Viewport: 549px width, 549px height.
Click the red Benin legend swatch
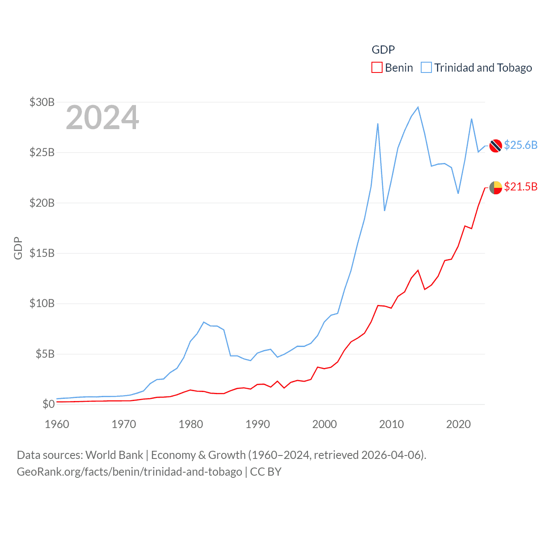coord(377,68)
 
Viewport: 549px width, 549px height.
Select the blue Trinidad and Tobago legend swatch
coord(426,68)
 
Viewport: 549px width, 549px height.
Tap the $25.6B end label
coord(520,145)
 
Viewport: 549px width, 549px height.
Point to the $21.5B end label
coord(520,187)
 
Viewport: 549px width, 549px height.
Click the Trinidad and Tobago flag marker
coord(495,146)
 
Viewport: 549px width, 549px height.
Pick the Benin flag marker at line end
coord(495,187)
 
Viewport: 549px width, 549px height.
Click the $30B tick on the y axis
coord(42,102)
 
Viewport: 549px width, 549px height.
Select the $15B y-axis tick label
coord(42,253)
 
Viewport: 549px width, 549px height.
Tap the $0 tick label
coord(48,404)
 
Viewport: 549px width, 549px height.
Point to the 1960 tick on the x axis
coord(57,424)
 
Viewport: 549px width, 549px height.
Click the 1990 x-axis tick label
coord(258,424)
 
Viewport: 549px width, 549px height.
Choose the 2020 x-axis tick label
coord(459,424)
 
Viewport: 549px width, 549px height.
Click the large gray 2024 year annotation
coord(102,118)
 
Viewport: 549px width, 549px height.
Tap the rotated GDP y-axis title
coord(18,248)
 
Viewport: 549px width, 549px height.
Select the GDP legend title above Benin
coord(383,50)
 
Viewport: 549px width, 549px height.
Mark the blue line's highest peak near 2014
coord(418,107)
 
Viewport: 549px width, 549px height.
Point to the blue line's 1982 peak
coord(204,322)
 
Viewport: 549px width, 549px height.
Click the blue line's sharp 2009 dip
coord(384,210)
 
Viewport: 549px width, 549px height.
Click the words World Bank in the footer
coord(115,455)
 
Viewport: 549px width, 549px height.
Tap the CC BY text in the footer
coord(265,472)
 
